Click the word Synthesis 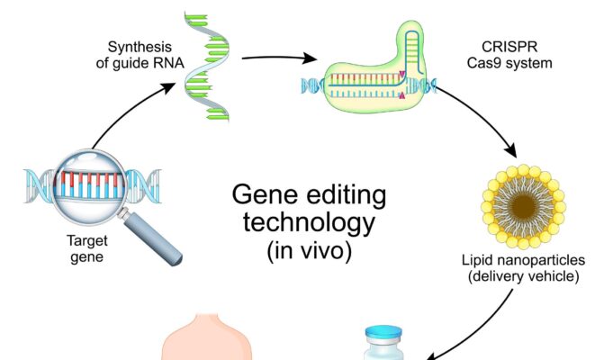(140, 48)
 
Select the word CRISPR (509, 47)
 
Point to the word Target (86, 241)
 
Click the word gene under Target (86, 257)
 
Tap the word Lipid (475, 260)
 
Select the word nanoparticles (538, 260)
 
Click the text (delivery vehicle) (524, 276)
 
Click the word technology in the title (309, 222)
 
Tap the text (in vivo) (309, 250)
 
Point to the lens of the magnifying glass (90, 187)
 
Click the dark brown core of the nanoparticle (523, 206)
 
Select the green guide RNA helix (206, 67)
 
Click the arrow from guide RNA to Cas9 (280, 58)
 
